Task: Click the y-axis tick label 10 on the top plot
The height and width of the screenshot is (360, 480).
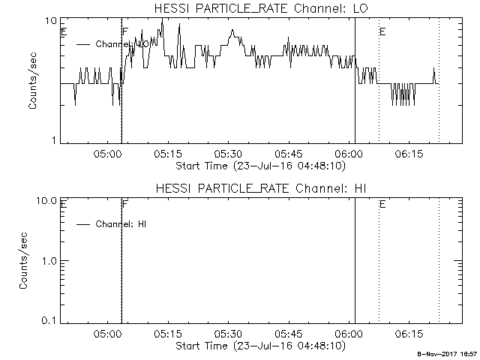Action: [x=52, y=21]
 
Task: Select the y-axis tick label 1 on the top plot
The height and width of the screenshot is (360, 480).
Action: [x=55, y=140]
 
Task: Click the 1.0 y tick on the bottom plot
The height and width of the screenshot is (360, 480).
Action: [x=49, y=261]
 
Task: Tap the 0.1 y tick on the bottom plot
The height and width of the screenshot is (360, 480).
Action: [x=49, y=320]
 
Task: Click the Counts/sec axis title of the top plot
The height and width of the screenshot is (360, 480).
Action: [x=33, y=81]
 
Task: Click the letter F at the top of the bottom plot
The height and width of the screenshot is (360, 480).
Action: [x=124, y=204]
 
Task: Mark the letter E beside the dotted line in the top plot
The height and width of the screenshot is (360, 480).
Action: [x=382, y=31]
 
